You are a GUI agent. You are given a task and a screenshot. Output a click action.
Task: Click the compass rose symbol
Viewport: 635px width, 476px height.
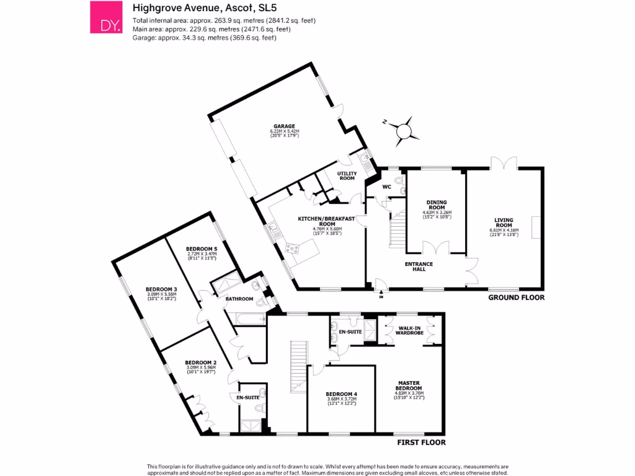pos(404,130)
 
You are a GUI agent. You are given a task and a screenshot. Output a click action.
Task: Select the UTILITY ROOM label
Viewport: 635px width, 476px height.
pos(346,175)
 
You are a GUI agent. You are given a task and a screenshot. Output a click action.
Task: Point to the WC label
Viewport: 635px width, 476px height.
pos(386,187)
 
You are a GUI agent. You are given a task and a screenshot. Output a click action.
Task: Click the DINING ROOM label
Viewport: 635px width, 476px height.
pos(437,205)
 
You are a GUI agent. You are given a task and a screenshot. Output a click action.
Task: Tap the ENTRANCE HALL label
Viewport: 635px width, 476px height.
pos(420,267)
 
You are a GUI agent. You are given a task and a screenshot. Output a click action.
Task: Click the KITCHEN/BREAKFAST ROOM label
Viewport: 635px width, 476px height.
pos(327,221)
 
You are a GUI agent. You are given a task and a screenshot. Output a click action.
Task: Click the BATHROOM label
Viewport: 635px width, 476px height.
pos(239,299)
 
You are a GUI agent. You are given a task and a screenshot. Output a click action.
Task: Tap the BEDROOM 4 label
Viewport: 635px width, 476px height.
pos(341,395)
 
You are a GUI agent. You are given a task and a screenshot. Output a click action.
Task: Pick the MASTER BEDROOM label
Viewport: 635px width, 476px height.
pos(409,386)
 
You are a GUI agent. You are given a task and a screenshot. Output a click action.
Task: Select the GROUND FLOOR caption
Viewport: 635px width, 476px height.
pos(516,297)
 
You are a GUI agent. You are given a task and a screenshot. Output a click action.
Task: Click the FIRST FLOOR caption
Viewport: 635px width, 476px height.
pos(421,443)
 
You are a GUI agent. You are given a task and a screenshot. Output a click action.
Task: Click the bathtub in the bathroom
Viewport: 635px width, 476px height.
pos(246,318)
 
